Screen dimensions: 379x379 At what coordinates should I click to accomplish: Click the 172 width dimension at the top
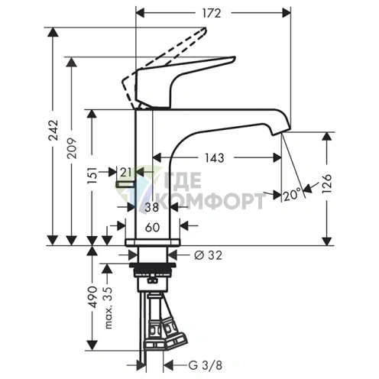(212, 13)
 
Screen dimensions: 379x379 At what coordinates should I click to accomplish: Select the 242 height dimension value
(53, 130)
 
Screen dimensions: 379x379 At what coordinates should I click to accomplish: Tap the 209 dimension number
(72, 148)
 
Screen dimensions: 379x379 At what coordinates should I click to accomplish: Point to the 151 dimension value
(92, 175)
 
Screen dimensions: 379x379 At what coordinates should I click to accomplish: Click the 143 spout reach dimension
(215, 158)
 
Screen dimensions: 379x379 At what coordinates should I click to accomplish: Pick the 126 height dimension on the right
(327, 184)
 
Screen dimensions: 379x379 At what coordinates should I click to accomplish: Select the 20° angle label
(292, 196)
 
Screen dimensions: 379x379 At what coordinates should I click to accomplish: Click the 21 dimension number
(126, 173)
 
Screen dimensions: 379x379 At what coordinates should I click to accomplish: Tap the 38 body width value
(152, 207)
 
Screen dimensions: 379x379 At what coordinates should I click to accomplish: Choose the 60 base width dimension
(152, 228)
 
